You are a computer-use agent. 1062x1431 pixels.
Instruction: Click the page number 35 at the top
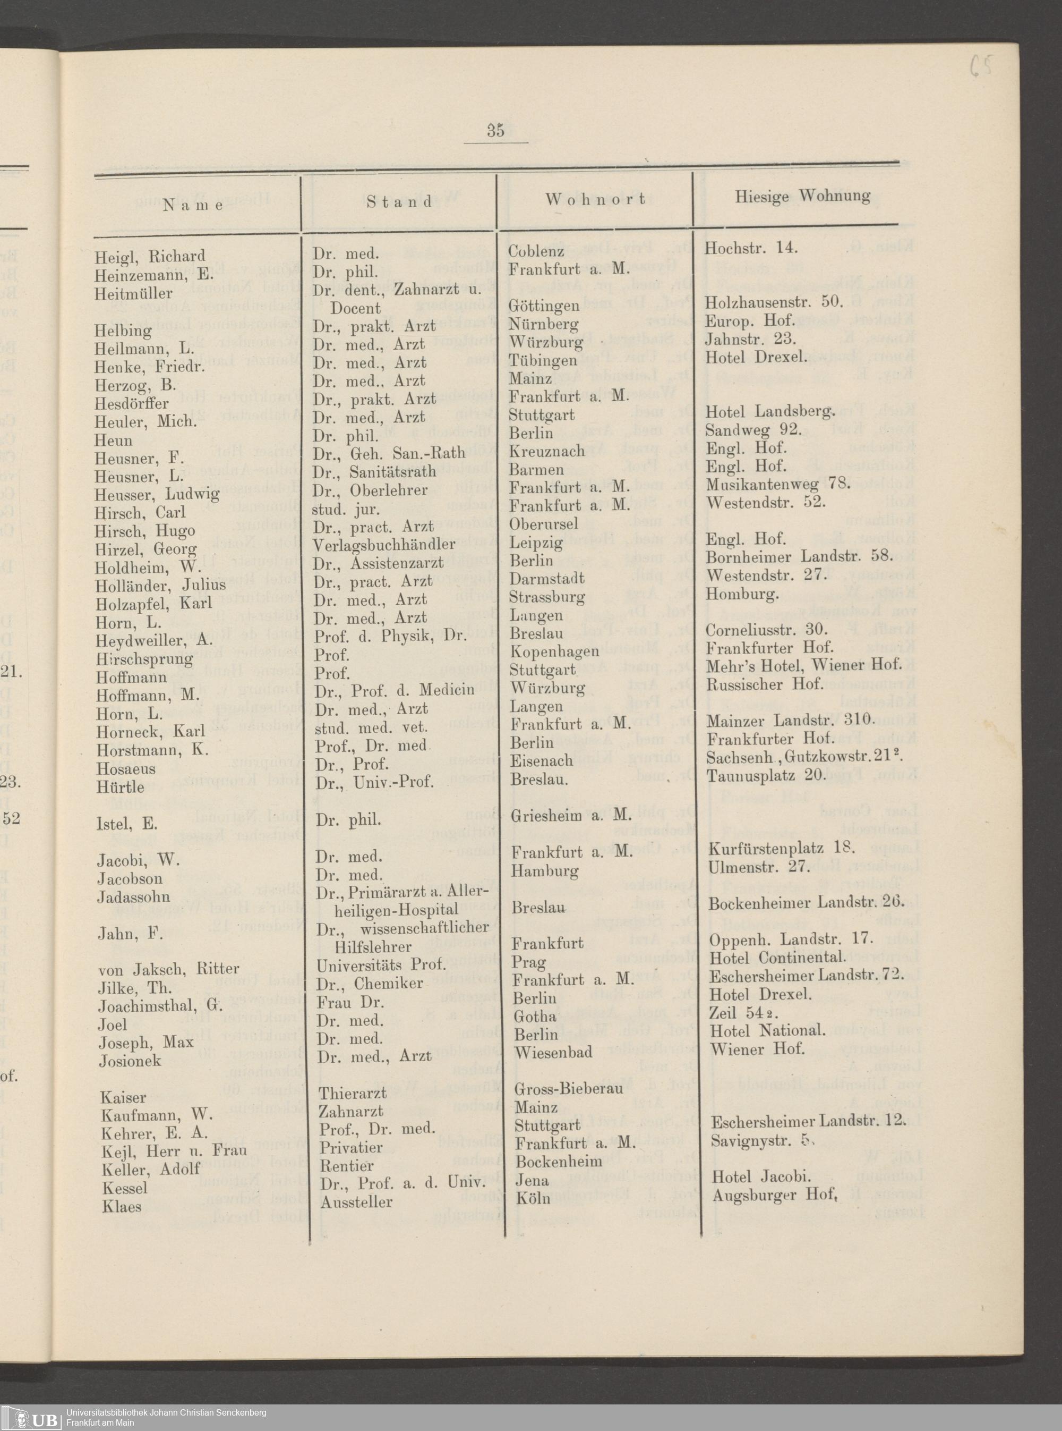tap(495, 131)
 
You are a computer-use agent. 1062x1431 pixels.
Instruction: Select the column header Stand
tap(400, 202)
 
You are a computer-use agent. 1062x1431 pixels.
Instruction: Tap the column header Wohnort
tap(595, 199)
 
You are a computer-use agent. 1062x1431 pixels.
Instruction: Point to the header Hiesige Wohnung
tap(803, 196)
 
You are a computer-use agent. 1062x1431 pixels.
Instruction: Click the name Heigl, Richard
tap(150, 257)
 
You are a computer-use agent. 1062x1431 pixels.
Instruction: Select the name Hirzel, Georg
tap(145, 550)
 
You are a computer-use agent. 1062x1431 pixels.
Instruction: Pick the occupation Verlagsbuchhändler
tap(384, 545)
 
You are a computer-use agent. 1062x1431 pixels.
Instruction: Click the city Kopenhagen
tap(554, 651)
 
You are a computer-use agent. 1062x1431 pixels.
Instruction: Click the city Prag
tap(528, 963)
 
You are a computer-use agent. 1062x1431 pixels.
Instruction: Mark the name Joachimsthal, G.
tap(159, 1006)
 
